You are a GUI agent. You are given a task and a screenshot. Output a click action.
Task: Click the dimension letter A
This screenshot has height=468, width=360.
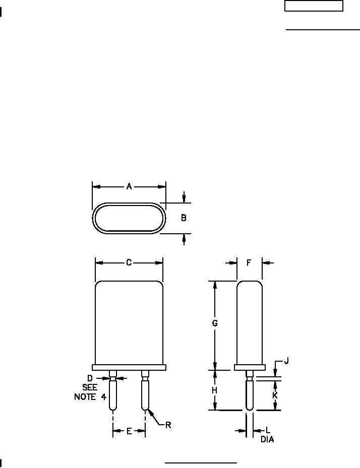[129, 186]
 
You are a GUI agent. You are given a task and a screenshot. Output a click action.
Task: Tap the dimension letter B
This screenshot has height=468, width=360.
[184, 218]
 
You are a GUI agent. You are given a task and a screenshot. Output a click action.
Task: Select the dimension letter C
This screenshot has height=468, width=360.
[129, 262]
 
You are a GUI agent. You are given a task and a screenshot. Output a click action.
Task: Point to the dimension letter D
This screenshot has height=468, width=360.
[90, 378]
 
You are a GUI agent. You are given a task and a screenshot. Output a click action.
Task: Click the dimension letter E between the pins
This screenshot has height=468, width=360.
[129, 431]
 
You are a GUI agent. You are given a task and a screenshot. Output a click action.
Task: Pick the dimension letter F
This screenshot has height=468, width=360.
[249, 262]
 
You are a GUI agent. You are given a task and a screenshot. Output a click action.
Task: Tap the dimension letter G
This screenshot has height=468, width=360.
[214, 323]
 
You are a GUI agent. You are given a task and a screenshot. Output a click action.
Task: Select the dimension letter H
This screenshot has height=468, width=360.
[214, 390]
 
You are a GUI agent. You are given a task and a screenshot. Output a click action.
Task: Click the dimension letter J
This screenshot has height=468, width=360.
[286, 361]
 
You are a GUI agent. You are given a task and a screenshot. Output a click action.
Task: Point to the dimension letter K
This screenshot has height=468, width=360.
[275, 395]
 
